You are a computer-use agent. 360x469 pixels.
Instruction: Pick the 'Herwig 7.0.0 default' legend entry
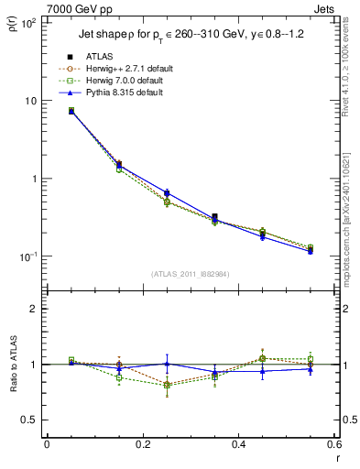120,81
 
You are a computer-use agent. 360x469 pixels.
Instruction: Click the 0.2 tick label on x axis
142,446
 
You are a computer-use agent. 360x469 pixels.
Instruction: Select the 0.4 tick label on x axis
238,446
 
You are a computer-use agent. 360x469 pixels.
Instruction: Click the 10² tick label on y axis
29,23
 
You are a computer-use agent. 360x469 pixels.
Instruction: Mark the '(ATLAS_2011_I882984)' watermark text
191,273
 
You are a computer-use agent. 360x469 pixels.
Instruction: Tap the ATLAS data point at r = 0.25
167,193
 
